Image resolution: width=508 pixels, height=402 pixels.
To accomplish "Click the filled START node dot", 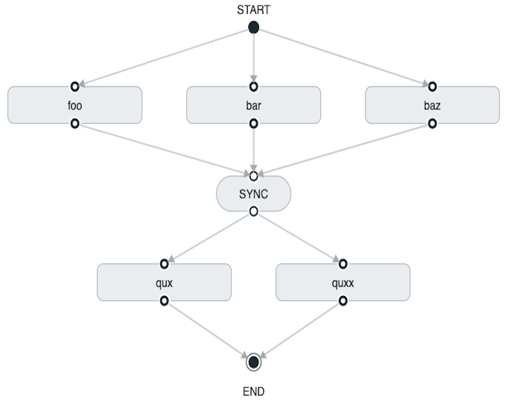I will (253, 28).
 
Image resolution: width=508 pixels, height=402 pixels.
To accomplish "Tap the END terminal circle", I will (253, 362).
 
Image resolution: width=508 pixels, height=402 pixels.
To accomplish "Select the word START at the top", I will (253, 10).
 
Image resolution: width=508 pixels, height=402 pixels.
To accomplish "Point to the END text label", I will (253, 392).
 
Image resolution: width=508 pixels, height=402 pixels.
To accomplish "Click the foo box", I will (75, 105).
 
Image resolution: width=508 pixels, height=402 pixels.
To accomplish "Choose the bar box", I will (253, 105).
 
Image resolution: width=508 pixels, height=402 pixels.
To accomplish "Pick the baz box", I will (432, 105).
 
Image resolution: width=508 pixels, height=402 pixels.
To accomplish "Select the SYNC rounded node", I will (253, 194).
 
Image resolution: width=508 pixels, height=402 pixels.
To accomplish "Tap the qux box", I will (164, 282).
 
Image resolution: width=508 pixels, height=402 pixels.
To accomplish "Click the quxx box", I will (343, 282).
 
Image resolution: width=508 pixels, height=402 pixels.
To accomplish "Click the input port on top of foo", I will (75, 86).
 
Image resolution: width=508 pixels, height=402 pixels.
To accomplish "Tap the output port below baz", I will (432, 123).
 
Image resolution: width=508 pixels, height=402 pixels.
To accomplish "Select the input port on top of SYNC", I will (253, 176).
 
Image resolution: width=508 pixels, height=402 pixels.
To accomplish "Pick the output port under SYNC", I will (253, 211).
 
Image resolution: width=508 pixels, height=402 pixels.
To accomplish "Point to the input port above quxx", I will (343, 264).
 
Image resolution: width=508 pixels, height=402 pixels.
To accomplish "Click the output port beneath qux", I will (164, 301).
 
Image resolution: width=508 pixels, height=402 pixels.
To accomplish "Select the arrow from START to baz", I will (343, 57).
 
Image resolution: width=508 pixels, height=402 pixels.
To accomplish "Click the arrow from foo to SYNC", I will (164, 150).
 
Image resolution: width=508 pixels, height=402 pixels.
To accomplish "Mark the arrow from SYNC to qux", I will (209, 238).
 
